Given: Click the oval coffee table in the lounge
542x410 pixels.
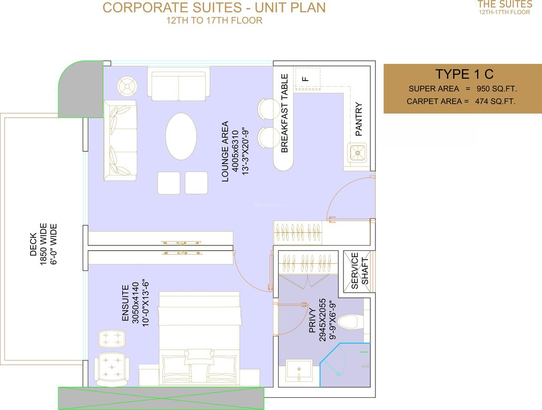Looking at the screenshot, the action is click(181, 136).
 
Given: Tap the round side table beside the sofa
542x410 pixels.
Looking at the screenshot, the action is click(127, 86).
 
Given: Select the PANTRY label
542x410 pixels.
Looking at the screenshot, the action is click(359, 119).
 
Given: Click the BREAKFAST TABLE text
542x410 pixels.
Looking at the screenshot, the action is click(285, 113).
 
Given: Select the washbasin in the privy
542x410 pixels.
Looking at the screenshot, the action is click(299, 371).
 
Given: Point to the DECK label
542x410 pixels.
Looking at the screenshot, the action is click(33, 244).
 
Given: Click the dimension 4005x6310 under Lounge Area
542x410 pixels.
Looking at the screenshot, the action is click(235, 151).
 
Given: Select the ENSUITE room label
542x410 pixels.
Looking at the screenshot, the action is click(126, 303).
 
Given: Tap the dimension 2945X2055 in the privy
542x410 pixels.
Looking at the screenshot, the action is click(322, 320).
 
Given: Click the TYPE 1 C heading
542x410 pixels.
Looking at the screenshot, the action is click(464, 74).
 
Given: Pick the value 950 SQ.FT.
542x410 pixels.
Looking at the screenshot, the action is click(497, 89).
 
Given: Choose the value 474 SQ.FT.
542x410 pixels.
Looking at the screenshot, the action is click(495, 101).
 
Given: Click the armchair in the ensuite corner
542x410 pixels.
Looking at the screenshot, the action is click(112, 369).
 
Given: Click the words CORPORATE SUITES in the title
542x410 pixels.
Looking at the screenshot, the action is click(172, 8).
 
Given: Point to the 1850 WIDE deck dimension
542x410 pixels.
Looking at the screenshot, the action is click(44, 244).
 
